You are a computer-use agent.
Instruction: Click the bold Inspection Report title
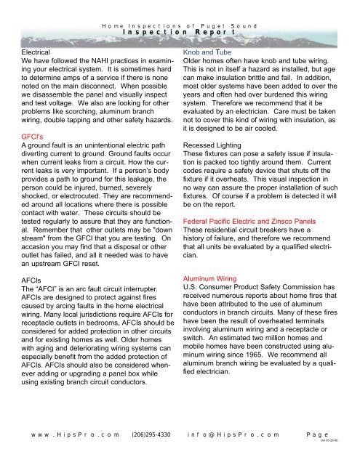click(x=178, y=33)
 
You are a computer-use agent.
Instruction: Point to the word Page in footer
click(x=321, y=434)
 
